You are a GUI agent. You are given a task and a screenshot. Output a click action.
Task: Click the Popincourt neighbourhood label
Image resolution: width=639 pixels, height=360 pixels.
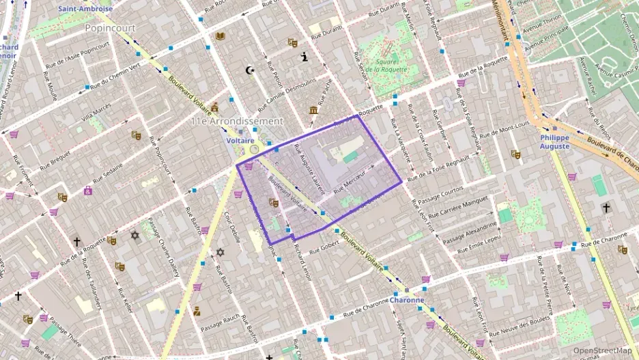point(110,28)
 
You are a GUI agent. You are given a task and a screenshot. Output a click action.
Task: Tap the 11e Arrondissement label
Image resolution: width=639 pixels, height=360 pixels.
point(236,121)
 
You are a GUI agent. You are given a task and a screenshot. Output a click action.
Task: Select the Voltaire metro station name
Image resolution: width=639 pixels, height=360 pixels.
point(240,139)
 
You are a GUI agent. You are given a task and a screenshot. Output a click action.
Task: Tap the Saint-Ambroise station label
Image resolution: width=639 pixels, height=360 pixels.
point(85,9)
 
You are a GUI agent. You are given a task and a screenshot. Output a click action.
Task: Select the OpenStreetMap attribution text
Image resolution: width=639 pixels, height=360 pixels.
point(602,350)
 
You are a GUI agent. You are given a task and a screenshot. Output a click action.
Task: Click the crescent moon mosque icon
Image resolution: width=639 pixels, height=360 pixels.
point(248,70)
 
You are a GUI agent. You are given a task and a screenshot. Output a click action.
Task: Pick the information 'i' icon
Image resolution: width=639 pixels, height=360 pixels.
point(304,58)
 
